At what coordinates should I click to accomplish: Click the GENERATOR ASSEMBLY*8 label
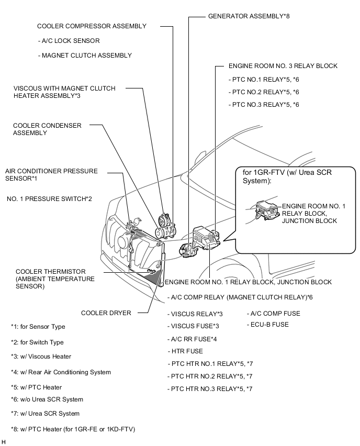click(249, 16)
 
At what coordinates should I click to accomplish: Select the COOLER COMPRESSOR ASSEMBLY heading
click(92, 26)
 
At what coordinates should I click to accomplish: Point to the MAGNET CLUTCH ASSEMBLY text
click(85, 55)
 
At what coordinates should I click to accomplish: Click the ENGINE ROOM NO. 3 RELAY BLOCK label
click(283, 66)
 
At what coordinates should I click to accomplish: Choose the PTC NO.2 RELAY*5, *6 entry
click(264, 92)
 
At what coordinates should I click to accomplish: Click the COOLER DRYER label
click(106, 313)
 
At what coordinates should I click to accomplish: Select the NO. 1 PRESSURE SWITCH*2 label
click(50, 199)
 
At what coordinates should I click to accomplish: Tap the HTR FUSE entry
click(185, 351)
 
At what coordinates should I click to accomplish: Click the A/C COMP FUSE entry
click(273, 314)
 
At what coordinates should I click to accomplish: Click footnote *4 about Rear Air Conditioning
click(61, 372)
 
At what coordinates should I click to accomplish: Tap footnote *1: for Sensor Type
click(38, 327)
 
